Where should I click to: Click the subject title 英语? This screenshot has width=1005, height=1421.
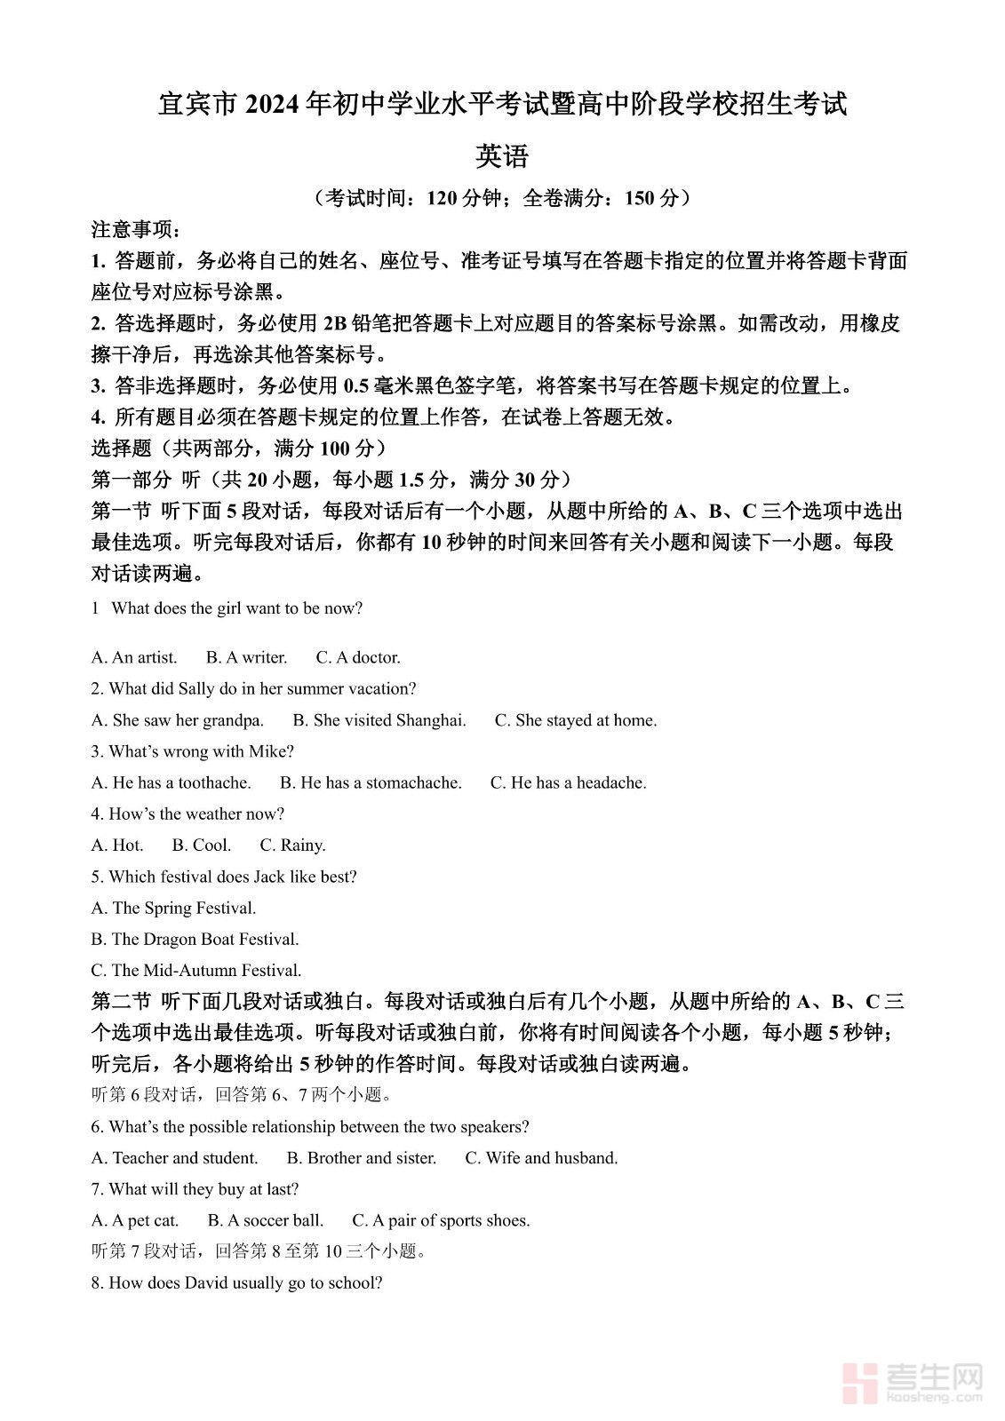502,156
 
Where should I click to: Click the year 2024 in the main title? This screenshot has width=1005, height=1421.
272,104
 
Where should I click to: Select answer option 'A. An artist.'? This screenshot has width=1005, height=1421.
134,657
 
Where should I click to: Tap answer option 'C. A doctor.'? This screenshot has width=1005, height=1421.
358,657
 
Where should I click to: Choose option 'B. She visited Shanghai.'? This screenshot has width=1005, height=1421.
379,720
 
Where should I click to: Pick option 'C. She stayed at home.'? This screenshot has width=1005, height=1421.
576,720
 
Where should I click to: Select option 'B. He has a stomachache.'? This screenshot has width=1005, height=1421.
371,782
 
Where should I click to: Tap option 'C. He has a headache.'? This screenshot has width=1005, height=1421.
568,782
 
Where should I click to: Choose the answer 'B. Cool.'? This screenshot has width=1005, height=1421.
202,845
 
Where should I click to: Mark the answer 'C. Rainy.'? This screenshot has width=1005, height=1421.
292,845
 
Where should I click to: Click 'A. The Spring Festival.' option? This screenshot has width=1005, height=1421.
173,908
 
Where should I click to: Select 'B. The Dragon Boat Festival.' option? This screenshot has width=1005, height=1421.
195,939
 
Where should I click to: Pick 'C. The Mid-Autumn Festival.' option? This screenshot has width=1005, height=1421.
196,970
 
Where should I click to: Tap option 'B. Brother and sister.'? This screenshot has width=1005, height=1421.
362,1158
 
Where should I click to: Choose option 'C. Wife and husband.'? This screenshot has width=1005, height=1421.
541,1158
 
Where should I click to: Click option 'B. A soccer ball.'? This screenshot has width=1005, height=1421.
266,1220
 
